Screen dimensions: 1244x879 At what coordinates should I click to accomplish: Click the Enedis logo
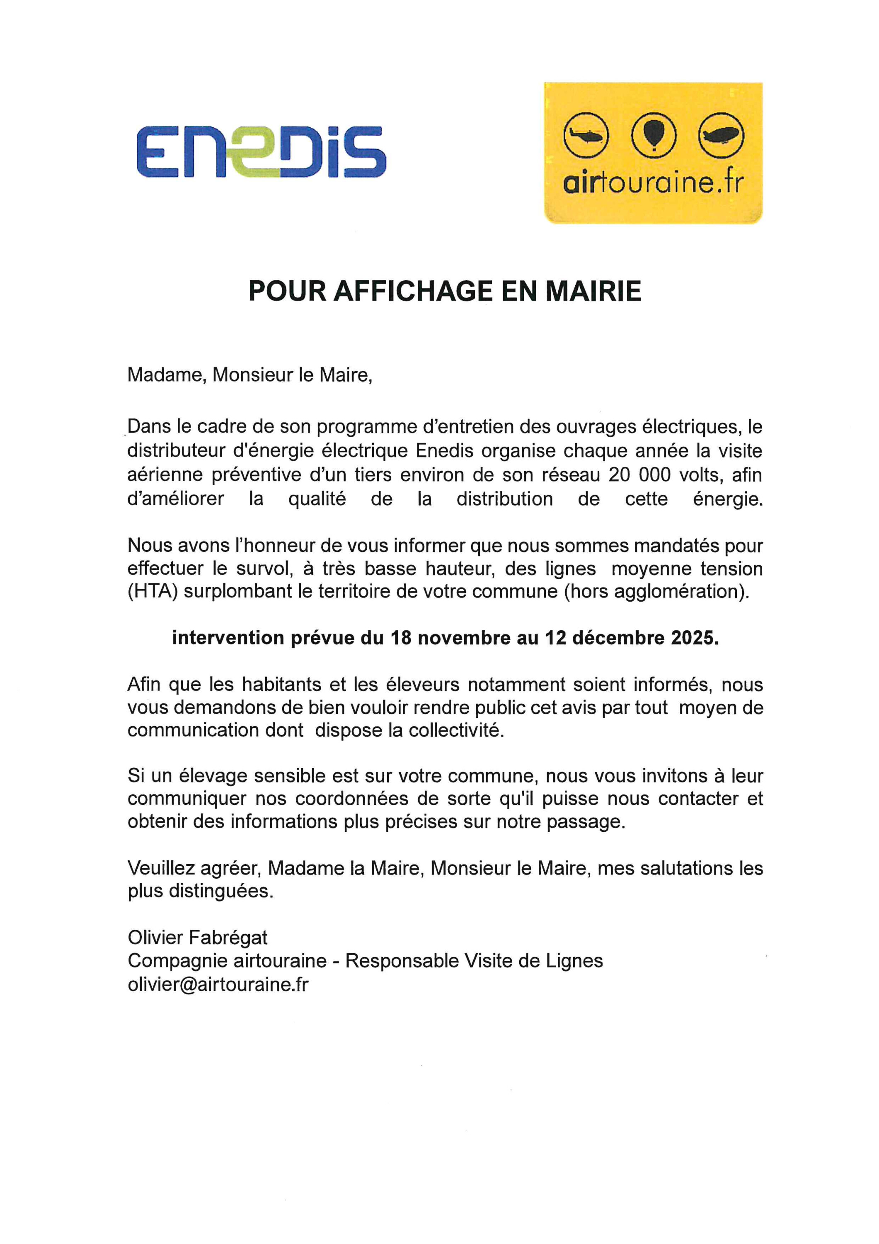click(261, 152)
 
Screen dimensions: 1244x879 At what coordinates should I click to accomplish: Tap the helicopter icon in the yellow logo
click(586, 135)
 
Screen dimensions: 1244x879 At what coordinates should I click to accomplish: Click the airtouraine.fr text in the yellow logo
click(653, 184)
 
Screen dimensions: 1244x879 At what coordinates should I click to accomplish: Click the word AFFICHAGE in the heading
click(413, 292)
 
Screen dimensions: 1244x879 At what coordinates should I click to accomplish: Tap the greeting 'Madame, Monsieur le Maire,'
click(249, 374)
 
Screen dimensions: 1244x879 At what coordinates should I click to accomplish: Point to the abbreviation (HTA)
click(153, 591)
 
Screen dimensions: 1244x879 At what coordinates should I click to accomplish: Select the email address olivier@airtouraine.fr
click(218, 984)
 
